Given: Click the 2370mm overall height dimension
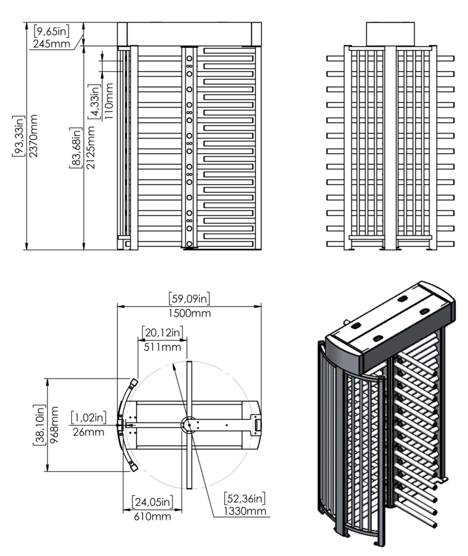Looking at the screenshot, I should (x=34, y=136).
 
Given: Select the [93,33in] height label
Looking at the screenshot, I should (x=19, y=136).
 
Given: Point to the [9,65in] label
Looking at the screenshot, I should (x=51, y=31).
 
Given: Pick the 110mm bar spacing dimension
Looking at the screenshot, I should (x=109, y=101).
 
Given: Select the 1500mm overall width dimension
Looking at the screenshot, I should (x=189, y=313).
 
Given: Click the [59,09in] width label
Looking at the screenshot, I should (x=189, y=298).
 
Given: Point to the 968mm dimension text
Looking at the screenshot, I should (x=54, y=424).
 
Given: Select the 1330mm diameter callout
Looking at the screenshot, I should (x=244, y=511).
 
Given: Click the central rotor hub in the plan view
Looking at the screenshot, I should (x=189, y=424).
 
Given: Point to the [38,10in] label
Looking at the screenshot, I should (x=39, y=424).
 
